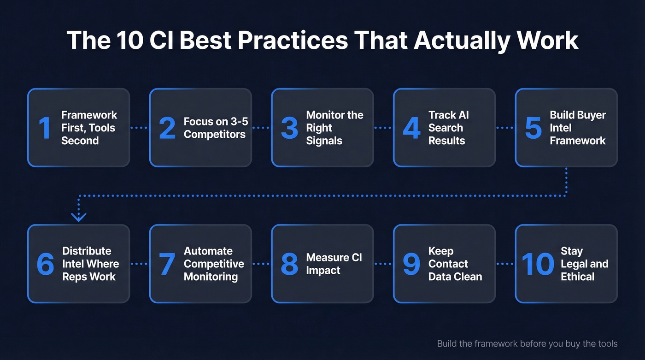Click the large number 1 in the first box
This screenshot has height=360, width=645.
tap(44, 128)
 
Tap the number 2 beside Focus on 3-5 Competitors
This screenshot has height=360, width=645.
tap(167, 128)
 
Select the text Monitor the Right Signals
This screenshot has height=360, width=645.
tap(334, 128)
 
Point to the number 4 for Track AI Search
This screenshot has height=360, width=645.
tap(411, 128)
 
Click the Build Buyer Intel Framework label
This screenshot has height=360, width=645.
tap(577, 128)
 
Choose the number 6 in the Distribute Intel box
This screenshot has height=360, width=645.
tap(45, 264)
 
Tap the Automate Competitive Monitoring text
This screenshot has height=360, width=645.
tap(214, 264)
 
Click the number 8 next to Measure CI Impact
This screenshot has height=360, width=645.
tap(289, 264)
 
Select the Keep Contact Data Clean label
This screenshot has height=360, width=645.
tap(455, 264)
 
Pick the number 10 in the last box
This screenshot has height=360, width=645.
tap(538, 264)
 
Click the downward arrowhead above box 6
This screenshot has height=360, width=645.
tap(79, 216)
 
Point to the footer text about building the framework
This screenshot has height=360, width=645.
tap(527, 343)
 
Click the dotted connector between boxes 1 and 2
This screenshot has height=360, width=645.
tap(140, 128)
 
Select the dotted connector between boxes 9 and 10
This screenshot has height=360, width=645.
tap(505, 264)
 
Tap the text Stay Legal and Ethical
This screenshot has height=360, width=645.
tap(584, 264)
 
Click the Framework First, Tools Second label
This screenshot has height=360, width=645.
tap(89, 128)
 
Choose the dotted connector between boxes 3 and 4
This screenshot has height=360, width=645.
tap(383, 128)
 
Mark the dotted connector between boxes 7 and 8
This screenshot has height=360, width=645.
tap(261, 264)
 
